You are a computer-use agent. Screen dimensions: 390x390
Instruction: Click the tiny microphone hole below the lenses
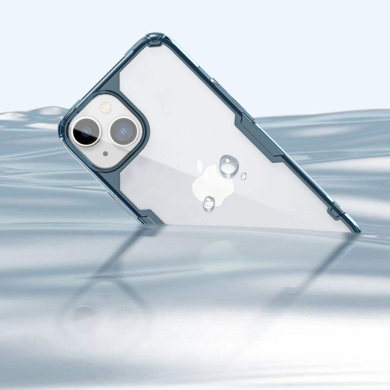tap(105, 154)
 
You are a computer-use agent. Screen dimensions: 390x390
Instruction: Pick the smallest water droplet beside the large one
tap(244, 176)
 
